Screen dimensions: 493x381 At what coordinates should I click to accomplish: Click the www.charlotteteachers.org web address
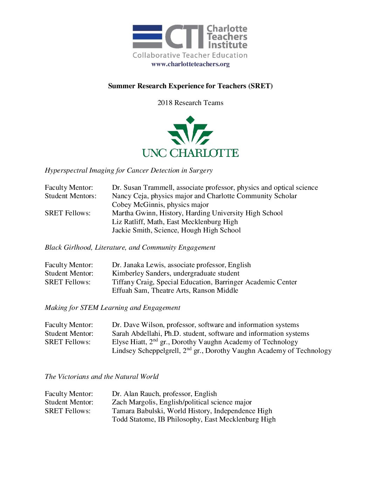click(x=190, y=64)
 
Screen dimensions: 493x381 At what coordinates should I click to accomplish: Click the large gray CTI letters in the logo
click(x=184, y=37)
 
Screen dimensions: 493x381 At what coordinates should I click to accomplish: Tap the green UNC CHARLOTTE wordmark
click(x=190, y=153)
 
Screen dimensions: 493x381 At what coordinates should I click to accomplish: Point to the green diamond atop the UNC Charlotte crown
click(x=190, y=120)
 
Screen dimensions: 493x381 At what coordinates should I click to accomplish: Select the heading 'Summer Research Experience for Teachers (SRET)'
click(x=190, y=86)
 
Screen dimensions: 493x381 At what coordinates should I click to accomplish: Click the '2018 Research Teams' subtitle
click(x=190, y=103)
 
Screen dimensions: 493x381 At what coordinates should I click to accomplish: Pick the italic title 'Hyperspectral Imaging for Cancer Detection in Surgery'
click(x=129, y=171)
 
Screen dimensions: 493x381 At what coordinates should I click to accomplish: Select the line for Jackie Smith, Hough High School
click(x=176, y=230)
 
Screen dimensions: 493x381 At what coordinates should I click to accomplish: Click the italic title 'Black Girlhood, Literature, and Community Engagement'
click(x=130, y=248)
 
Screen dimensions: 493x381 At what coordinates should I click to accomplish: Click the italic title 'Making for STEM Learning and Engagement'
click(x=112, y=308)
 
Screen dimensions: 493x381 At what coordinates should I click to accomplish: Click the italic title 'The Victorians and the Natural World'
click(x=102, y=377)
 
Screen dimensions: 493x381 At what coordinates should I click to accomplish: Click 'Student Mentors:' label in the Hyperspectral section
click(x=70, y=196)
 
